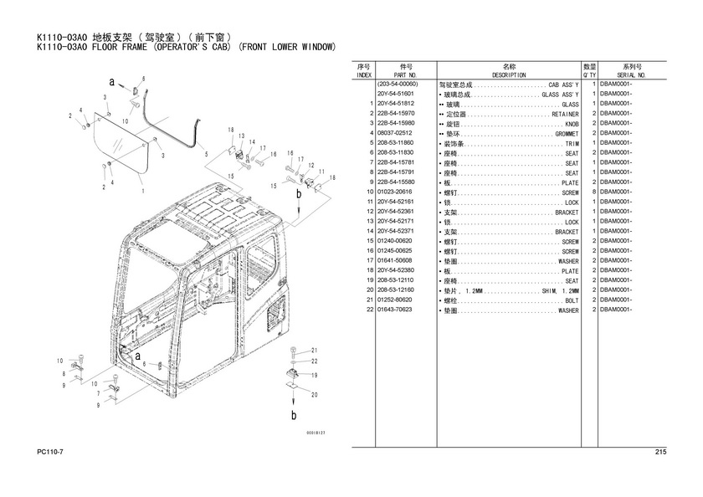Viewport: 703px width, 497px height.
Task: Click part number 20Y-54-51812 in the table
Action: coord(395,104)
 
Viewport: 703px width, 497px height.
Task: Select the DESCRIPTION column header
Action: coord(509,75)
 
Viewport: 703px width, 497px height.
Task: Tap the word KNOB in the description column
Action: coord(572,124)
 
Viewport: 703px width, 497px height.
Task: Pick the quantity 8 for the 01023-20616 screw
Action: coord(594,192)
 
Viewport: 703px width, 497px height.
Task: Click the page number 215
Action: coord(660,452)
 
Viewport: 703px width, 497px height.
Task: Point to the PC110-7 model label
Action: coord(50,452)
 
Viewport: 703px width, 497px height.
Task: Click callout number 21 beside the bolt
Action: coord(315,351)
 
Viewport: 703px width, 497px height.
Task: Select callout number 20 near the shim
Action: coord(315,395)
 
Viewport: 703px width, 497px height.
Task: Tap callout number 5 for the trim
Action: coord(206,155)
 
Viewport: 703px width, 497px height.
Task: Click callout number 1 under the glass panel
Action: coord(143,191)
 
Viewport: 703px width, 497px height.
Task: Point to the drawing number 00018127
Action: coord(316,433)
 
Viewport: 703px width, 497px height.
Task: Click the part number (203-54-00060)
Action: coord(398,85)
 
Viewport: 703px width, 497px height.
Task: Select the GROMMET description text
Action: coord(567,134)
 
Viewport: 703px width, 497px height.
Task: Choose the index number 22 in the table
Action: coord(370,310)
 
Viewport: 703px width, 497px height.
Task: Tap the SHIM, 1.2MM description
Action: coord(561,291)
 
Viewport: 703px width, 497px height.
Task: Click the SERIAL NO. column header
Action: coord(631,75)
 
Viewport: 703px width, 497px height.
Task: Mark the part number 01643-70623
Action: coord(394,310)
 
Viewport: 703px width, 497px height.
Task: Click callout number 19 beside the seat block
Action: coord(315,375)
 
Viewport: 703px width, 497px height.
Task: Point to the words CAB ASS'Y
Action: coord(563,85)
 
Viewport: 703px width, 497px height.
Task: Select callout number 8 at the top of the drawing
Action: coord(143,79)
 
